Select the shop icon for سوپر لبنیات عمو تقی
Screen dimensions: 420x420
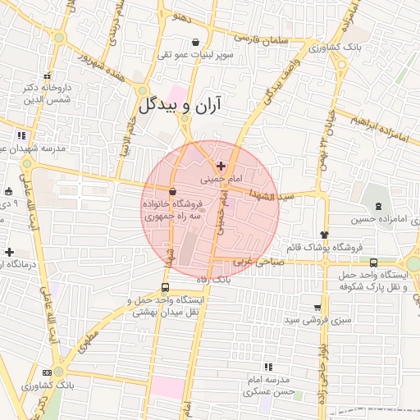tap(195, 43)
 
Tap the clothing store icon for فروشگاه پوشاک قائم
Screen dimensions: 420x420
tap(325, 235)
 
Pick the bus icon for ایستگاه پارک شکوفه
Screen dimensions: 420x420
tap(374, 262)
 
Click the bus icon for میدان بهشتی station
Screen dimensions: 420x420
tap(166, 288)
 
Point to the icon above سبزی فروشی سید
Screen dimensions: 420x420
tap(317, 307)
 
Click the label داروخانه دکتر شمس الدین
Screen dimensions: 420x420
tap(45, 92)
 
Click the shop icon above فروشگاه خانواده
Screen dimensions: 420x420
tap(171, 192)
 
